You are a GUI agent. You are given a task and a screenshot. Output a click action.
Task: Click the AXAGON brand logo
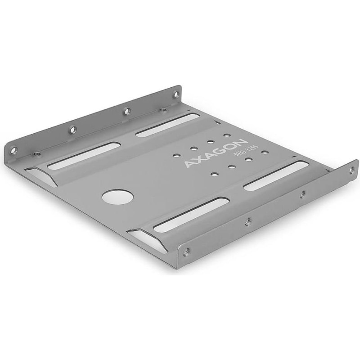[x=215, y=153]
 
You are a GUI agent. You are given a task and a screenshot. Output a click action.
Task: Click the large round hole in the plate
[x=118, y=197]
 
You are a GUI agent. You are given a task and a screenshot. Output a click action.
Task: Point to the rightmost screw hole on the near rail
[x=351, y=170]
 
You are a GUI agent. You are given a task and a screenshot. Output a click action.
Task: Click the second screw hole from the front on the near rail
[x=248, y=221]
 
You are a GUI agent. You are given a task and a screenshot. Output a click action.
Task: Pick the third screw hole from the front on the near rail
[x=302, y=194]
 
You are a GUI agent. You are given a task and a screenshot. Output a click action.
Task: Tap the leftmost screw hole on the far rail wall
[x=14, y=150]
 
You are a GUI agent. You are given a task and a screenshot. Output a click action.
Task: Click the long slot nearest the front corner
[x=191, y=215]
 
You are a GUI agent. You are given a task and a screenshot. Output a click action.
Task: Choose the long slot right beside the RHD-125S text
[x=276, y=175]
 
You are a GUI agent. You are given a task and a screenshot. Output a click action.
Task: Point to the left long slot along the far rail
[x=84, y=157]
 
